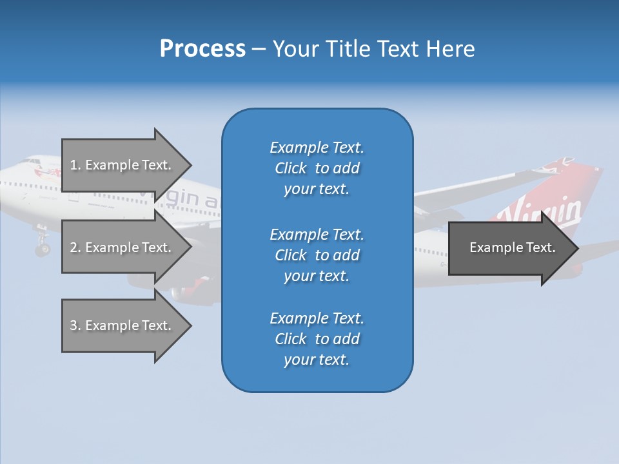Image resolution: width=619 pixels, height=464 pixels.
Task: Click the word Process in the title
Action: (202, 49)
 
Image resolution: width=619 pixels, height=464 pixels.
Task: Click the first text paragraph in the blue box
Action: (317, 168)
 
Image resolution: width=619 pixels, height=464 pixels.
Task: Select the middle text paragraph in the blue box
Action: (317, 255)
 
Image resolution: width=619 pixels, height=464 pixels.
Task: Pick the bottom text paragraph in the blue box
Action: (317, 339)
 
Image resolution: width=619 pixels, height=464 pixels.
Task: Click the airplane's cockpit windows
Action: (29, 162)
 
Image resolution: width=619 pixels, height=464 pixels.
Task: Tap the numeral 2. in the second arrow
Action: (75, 247)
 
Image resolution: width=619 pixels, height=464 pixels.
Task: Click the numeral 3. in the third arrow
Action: (75, 325)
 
